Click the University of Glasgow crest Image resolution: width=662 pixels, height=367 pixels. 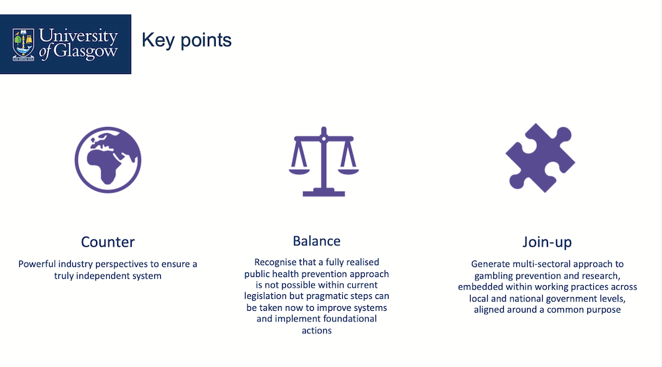24,44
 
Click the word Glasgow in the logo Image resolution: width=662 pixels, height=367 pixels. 85,52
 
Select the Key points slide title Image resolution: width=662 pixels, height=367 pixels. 186,40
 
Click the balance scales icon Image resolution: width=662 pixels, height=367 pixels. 323,161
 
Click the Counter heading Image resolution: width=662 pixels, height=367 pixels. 108,242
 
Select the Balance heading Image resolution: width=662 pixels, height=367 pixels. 316,241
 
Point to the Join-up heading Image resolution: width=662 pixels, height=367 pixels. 547,242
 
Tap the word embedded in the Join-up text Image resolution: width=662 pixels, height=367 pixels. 481,287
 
